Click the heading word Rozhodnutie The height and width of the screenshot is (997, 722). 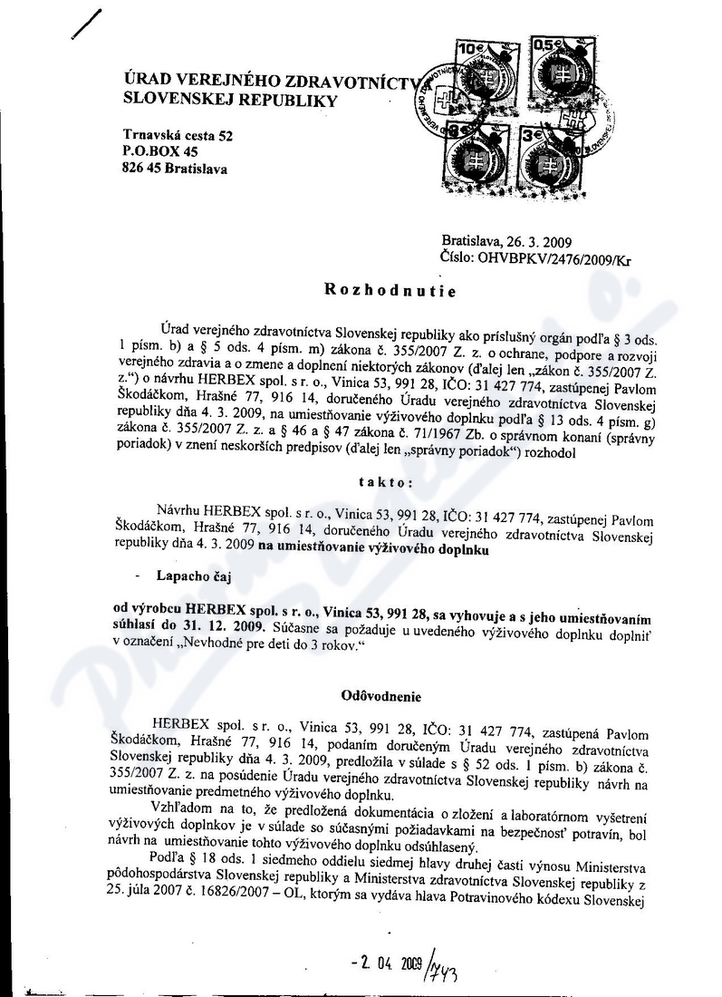[393, 293]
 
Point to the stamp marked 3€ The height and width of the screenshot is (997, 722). [551, 154]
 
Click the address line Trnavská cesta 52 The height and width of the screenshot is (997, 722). [178, 135]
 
